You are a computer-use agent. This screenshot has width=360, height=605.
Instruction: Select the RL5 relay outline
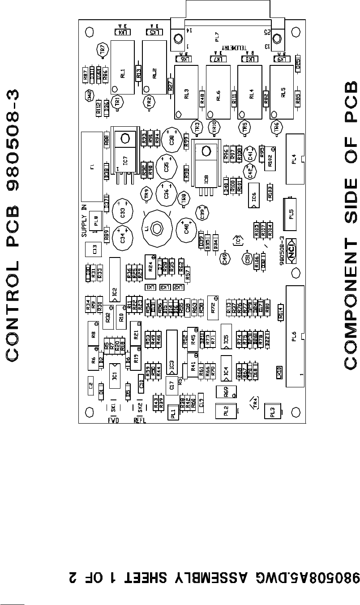pyautogui.click(x=283, y=93)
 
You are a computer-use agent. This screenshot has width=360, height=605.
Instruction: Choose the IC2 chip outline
pyautogui.click(x=115, y=283)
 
